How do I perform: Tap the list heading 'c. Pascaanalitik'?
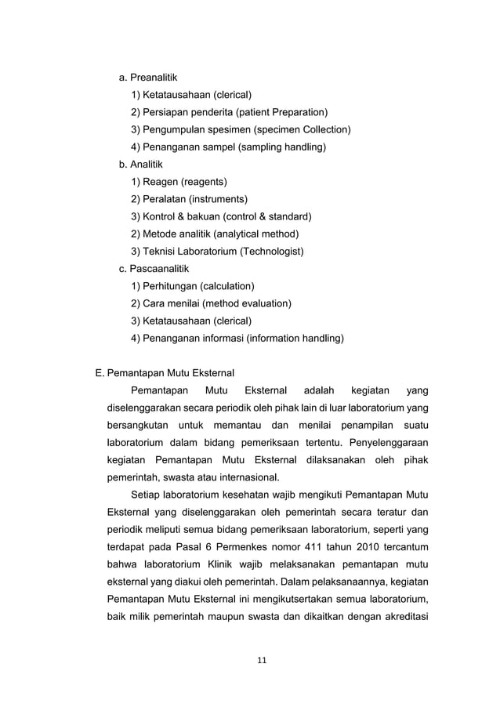click(x=154, y=269)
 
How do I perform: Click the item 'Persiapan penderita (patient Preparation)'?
click(x=229, y=112)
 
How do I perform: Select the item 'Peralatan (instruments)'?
click(x=189, y=199)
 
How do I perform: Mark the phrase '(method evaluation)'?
click(x=247, y=303)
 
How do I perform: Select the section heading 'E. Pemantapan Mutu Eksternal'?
click(x=165, y=373)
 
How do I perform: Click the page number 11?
click(x=262, y=660)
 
